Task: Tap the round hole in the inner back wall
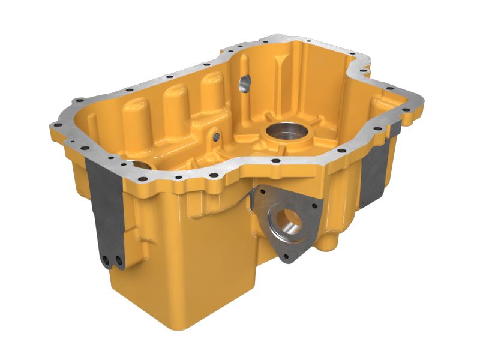(x=244, y=84)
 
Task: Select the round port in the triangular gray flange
(x=288, y=221)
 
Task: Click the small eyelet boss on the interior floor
(x=214, y=136)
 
